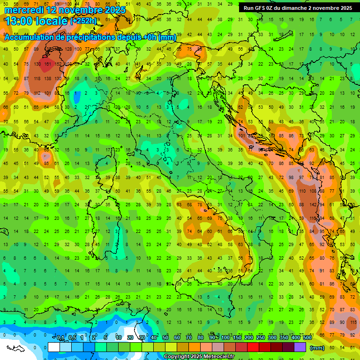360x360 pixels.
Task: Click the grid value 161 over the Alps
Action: click(47, 64)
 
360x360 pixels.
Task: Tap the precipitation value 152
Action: click(58, 64)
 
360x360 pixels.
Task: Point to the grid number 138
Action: click(47, 78)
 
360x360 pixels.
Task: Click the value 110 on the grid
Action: click(301, 191)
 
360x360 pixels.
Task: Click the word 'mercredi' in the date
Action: click(23, 10)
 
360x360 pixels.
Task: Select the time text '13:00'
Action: click(19, 21)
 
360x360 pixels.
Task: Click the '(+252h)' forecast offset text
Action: click(83, 21)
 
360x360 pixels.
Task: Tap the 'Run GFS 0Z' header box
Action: click(298, 8)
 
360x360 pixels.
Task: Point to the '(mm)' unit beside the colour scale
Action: click(317, 347)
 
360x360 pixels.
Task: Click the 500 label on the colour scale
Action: click(307, 338)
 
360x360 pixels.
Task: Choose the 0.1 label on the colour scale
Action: click(60, 338)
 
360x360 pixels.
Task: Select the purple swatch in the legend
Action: click(300, 347)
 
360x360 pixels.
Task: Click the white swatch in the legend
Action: click(54, 347)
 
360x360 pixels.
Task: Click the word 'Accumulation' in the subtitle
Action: click(30, 37)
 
